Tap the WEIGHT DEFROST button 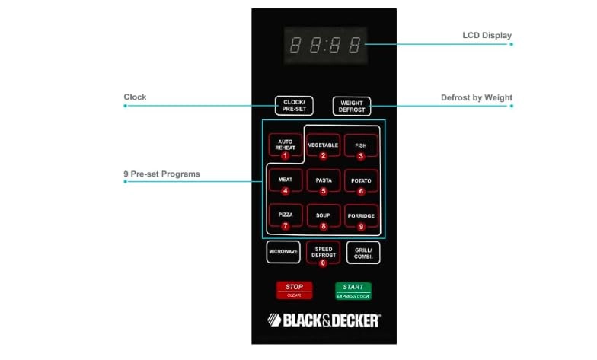[x=352, y=106]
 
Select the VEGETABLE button [x=323, y=145]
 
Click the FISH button [x=361, y=145]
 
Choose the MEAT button [x=285, y=181]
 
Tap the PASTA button [x=323, y=181]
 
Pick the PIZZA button [x=285, y=216]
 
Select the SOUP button [x=323, y=216]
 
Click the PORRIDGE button [x=361, y=216]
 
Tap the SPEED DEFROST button [x=323, y=253]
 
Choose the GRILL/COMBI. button [x=362, y=253]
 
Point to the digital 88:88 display [x=324, y=46]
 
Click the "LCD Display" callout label [x=487, y=36]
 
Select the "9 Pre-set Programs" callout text [x=161, y=174]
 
